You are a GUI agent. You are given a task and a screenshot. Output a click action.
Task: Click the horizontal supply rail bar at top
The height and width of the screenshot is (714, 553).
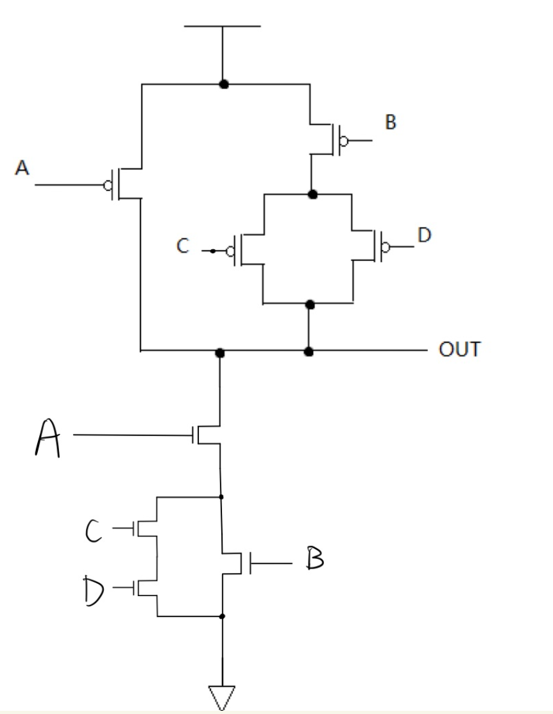pyautogui.click(x=222, y=26)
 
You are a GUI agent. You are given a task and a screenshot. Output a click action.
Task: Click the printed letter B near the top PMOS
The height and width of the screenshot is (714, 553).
pyautogui.click(x=389, y=123)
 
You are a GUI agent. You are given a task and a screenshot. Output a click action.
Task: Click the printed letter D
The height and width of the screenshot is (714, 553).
pyautogui.click(x=424, y=235)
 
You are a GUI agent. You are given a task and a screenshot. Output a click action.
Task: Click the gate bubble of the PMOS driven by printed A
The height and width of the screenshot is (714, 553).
pyautogui.click(x=108, y=185)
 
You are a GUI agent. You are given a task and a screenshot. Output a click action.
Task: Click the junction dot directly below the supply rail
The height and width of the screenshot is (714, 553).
pyautogui.click(x=223, y=84)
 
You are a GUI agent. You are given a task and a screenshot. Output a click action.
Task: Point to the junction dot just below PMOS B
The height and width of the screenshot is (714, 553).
pyautogui.click(x=312, y=194)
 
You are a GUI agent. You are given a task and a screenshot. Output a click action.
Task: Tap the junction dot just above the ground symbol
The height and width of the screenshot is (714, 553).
pyautogui.click(x=222, y=617)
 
